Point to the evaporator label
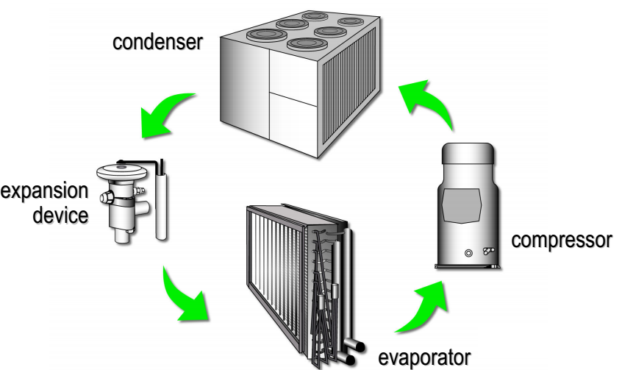(x=423, y=357)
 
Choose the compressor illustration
(x=468, y=207)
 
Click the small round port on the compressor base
(x=468, y=254)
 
